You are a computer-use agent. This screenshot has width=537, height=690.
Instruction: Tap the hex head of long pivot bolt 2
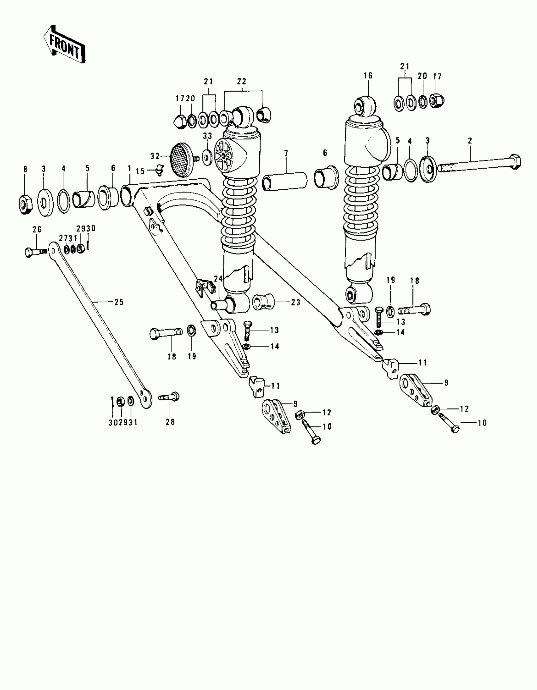pyautogui.click(x=515, y=162)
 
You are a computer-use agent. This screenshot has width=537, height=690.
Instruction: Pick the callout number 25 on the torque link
pyautogui.click(x=118, y=302)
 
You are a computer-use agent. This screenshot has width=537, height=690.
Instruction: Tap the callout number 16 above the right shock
pyautogui.click(x=368, y=75)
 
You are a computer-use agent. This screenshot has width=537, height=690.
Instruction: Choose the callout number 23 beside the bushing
pyautogui.click(x=295, y=302)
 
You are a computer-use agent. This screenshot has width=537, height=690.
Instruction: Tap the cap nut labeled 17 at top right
pyautogui.click(x=437, y=100)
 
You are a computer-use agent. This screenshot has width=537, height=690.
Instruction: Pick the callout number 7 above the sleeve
pyautogui.click(x=286, y=153)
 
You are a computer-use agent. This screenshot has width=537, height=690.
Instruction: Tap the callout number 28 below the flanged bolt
pyautogui.click(x=170, y=422)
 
